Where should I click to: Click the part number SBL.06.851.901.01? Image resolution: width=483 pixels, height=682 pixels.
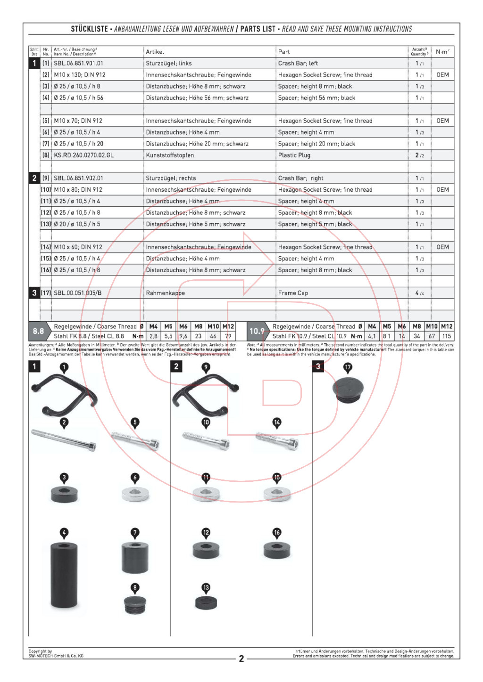pyautogui.click(x=78, y=63)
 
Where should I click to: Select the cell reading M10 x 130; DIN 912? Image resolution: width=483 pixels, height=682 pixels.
pyautogui.click(x=79, y=75)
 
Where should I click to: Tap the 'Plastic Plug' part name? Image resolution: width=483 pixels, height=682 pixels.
pyautogui.click(x=294, y=155)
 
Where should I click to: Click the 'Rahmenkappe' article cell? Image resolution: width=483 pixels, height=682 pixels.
pyautogui.click(x=165, y=293)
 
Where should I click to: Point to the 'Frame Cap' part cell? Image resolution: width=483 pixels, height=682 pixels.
pyautogui.click(x=293, y=293)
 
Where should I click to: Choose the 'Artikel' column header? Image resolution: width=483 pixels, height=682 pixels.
pyautogui.click(x=155, y=52)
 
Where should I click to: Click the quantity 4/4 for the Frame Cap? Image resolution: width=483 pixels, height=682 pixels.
pyautogui.click(x=419, y=293)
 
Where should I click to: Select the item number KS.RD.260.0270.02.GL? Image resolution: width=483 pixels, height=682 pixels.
pyautogui.click(x=83, y=155)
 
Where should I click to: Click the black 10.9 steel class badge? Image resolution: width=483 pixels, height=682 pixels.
pyautogui.click(x=257, y=331)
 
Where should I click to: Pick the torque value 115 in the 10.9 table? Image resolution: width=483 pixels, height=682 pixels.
pyautogui.click(x=446, y=336)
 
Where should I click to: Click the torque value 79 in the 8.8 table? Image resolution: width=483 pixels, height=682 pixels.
pyautogui.click(x=228, y=336)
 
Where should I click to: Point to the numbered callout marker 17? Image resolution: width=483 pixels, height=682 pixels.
pyautogui.click(x=348, y=367)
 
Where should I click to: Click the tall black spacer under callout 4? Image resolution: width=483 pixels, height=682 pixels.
pyautogui.click(x=64, y=575)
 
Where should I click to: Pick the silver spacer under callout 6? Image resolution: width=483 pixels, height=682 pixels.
pyautogui.click(x=135, y=494)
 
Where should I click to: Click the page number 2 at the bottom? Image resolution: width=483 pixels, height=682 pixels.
pyautogui.click(x=241, y=658)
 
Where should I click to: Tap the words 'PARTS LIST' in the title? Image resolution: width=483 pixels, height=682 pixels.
pyautogui.click(x=258, y=29)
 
